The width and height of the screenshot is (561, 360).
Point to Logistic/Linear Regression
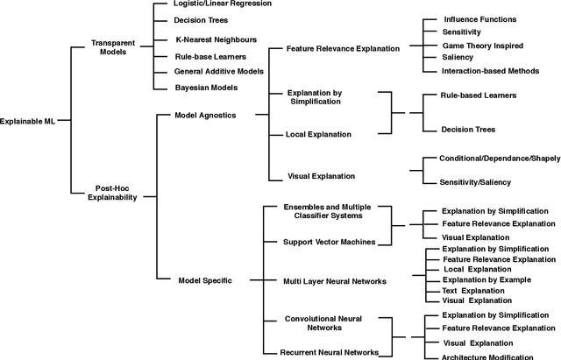pyautogui.click(x=209, y=4)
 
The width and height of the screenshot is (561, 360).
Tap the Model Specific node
pyautogui.click(x=205, y=279)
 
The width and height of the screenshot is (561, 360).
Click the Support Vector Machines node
pyautogui.click(x=328, y=241)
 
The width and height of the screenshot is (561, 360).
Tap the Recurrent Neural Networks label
pyautogui.click(x=329, y=351)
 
